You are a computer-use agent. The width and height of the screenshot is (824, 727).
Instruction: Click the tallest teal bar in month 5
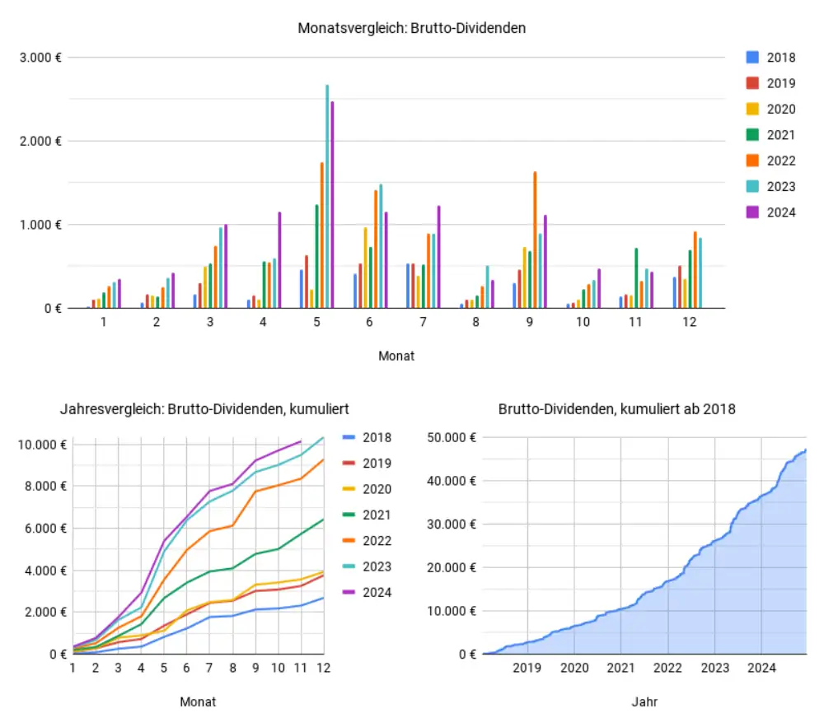(x=327, y=198)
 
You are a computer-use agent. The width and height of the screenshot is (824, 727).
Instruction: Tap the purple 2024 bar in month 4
(x=279, y=260)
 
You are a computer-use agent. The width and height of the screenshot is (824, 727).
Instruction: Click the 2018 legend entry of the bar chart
(x=771, y=58)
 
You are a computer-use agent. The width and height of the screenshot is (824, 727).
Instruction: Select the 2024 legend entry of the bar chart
(x=771, y=212)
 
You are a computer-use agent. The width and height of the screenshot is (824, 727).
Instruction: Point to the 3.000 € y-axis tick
(x=41, y=57)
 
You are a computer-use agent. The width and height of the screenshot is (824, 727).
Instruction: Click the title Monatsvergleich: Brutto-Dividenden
(x=411, y=28)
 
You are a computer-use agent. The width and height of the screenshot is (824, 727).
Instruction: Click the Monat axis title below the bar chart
(x=396, y=356)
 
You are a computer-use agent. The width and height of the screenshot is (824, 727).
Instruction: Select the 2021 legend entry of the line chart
(x=366, y=515)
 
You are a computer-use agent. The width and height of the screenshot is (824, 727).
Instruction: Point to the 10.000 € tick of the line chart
(x=41, y=445)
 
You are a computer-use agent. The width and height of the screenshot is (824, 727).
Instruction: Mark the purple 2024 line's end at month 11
(x=302, y=441)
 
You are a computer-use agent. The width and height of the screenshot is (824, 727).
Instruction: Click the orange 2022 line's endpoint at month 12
(x=324, y=459)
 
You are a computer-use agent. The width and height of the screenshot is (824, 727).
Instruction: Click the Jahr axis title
(x=644, y=701)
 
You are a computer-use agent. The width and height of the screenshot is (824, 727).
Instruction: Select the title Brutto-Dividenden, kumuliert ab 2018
(x=617, y=408)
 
